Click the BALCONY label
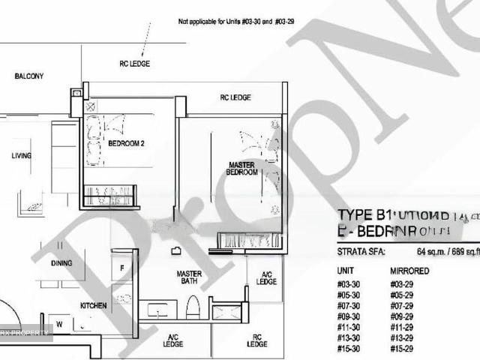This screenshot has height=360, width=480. pos(28,76)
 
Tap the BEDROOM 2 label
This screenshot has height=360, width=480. pos(126,142)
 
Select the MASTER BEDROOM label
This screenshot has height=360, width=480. pos(242,167)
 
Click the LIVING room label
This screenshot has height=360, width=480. pos(21,156)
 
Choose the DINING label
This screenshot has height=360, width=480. pos(62,263)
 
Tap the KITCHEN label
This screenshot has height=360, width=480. pos(94,305)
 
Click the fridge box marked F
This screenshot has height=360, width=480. pos(122,268)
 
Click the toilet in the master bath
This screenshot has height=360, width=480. pos(192,307)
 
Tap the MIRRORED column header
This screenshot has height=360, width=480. pos(409,271)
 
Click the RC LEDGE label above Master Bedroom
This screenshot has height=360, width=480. pos(235,97)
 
